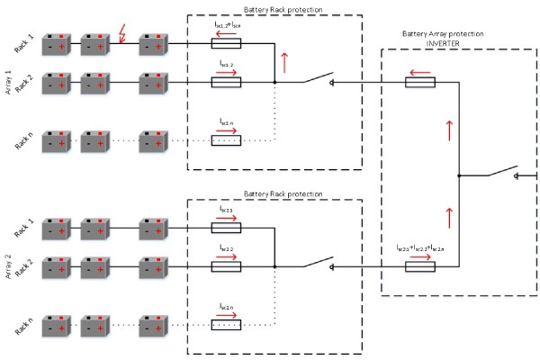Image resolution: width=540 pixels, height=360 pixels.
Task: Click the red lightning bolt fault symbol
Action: [124, 37]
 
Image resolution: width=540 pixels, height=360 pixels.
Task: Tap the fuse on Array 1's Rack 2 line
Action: [225, 82]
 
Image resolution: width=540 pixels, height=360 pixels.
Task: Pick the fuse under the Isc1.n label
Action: [225, 139]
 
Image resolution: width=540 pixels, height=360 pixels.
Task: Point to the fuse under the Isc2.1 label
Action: [225, 228]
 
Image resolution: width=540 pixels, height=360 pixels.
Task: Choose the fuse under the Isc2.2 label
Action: [225, 265]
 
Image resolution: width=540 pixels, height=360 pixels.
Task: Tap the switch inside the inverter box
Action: [499, 171]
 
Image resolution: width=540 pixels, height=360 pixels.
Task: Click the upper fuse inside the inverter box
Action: [419, 82]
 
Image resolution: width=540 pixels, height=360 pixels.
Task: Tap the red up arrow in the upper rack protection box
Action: [286, 62]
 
